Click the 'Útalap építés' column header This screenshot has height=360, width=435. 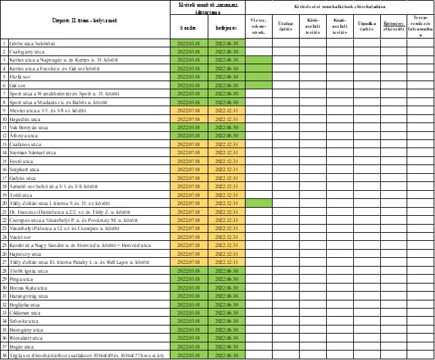coord(285,27)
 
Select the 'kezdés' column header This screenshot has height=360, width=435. coord(188,28)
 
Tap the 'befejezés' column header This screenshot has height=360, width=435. coord(226,28)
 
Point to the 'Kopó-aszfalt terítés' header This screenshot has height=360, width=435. coord(340,27)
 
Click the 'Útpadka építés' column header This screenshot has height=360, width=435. coord(367,27)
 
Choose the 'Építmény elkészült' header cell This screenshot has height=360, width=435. coord(394,27)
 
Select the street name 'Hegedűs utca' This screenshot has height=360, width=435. coord(24,119)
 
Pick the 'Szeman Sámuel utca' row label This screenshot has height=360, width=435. coord(32,153)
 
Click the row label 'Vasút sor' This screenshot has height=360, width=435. coord(22,237)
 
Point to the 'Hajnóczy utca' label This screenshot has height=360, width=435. coord(25,253)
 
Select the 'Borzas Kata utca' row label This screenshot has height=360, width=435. coord(28,287)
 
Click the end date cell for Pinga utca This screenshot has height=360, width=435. coord(226,279)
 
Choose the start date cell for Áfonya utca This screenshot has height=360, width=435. coord(188,135)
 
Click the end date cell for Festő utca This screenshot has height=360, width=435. coord(226,161)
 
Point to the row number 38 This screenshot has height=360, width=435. coord(4,355)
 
